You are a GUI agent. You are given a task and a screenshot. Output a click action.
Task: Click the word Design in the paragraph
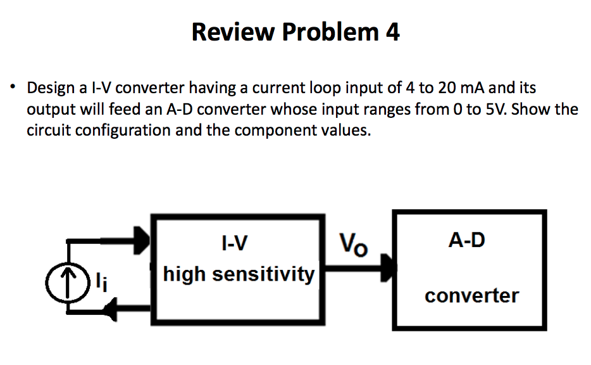point(52,87)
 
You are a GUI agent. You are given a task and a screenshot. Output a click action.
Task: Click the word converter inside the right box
point(471,295)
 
